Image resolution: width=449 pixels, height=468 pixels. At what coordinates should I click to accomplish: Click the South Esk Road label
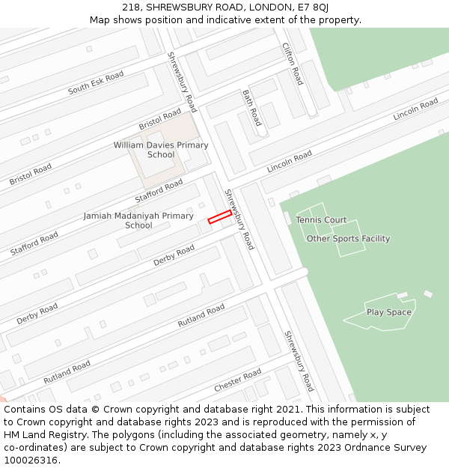96,83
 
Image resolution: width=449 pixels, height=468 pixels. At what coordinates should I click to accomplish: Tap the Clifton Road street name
293,63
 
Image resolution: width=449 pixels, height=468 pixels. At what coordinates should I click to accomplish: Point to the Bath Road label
251,107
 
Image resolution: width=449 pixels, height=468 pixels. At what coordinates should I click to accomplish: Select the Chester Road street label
237,380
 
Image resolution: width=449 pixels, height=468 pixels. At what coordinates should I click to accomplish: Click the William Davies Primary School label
161,150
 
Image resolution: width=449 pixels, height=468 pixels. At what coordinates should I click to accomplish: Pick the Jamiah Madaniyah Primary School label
138,220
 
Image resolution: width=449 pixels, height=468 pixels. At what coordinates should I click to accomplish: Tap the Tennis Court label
321,220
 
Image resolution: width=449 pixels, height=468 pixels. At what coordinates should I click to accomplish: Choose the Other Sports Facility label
348,239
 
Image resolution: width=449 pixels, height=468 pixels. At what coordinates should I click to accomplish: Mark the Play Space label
388,312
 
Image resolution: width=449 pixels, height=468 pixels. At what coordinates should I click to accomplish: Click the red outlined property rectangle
219,217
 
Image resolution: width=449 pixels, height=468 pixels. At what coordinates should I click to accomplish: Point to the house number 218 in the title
132,7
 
